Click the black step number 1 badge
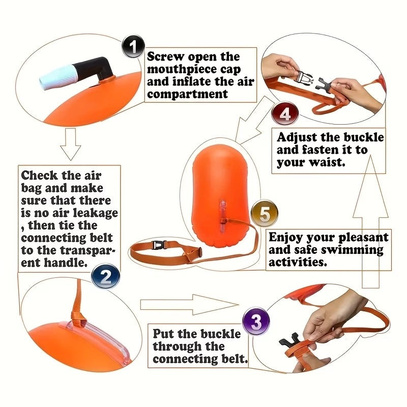click(133, 47)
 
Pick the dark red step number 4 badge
click(285, 114)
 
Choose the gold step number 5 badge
click(264, 214)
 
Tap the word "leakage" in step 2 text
click(95, 213)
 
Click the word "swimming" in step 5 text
click(352, 250)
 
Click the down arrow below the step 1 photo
click(71, 143)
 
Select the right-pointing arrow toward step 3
click(189, 304)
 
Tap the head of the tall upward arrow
click(370, 186)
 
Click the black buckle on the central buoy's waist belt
click(160, 245)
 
